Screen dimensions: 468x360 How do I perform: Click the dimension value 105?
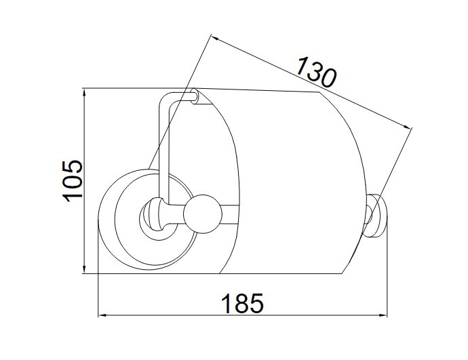pyautogui.click(x=72, y=181)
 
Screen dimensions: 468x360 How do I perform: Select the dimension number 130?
pyautogui.click(x=316, y=72)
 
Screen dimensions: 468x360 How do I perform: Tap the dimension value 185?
pyautogui.click(x=242, y=303)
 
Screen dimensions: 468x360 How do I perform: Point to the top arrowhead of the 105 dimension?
pyautogui.click(x=85, y=92)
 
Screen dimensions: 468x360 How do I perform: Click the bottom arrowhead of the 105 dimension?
pyautogui.click(x=85, y=270)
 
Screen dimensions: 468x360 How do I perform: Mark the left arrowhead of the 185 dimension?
pyautogui.click(x=102, y=315)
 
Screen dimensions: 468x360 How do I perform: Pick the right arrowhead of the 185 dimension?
pyautogui.click(x=383, y=315)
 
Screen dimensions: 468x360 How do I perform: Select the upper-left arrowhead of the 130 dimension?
pyautogui.click(x=215, y=38)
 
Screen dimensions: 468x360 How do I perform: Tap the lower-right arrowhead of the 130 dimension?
pyautogui.click(x=408, y=126)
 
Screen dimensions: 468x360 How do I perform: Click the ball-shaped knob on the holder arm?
pyautogui.click(x=203, y=214)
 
